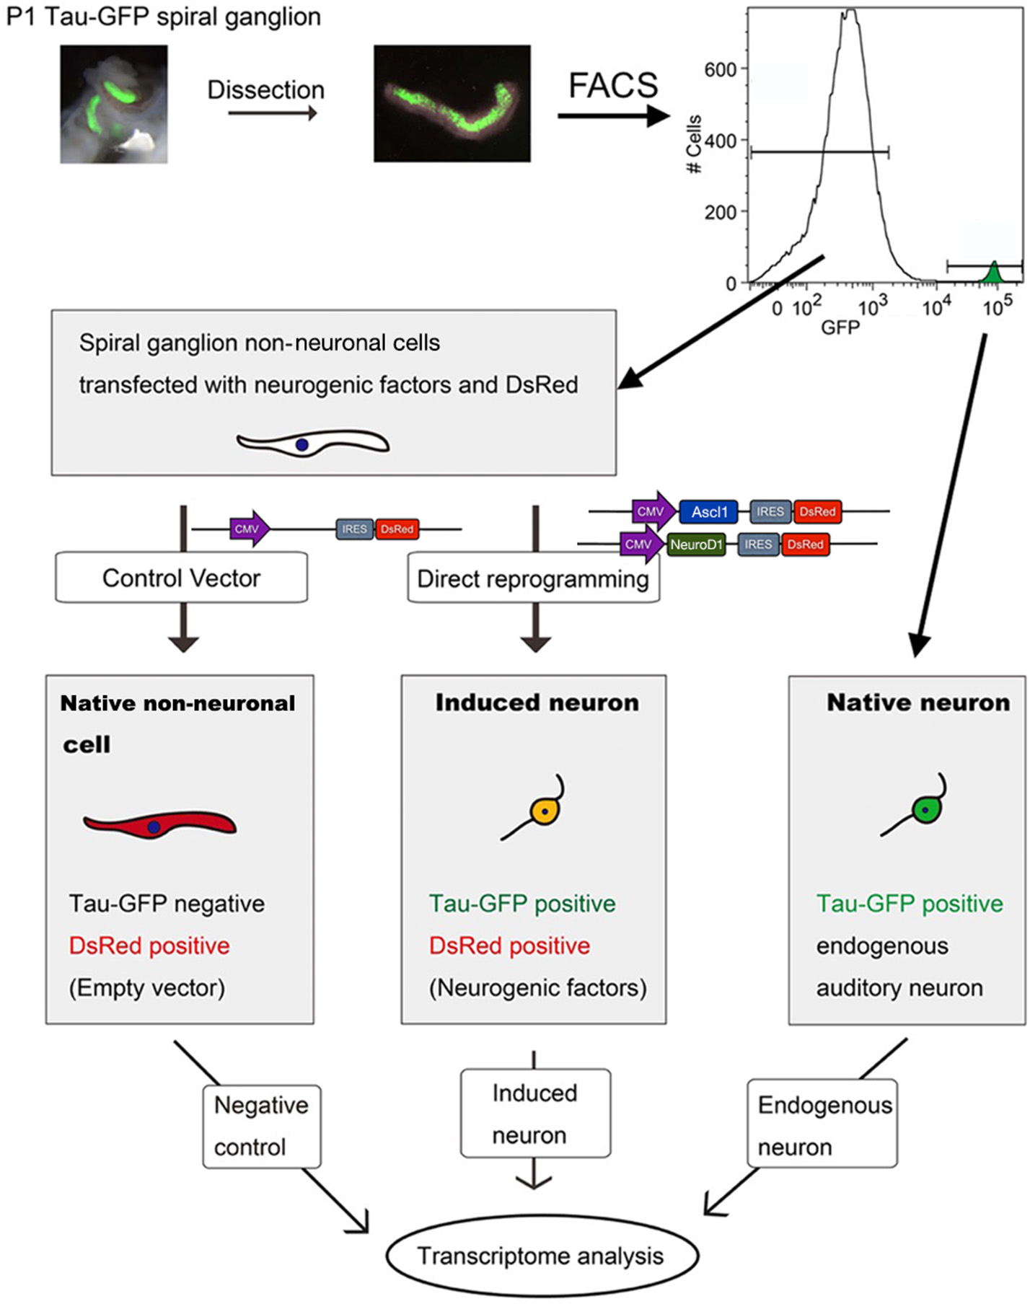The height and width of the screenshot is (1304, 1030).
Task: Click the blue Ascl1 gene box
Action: click(709, 512)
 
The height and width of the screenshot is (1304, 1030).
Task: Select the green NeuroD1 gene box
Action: click(696, 545)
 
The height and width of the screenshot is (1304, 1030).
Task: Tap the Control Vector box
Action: click(181, 578)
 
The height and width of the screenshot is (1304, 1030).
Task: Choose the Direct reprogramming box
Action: click(533, 578)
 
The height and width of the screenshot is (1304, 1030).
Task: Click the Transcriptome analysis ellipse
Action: click(542, 1256)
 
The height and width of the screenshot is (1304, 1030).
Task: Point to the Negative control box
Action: click(261, 1126)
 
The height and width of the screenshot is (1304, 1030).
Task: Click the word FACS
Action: click(613, 86)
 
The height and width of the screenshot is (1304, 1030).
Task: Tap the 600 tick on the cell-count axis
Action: click(720, 70)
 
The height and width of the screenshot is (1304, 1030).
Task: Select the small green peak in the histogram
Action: click(994, 274)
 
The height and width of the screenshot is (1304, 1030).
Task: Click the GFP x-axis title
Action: click(840, 328)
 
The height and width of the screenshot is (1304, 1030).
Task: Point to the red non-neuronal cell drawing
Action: click(159, 824)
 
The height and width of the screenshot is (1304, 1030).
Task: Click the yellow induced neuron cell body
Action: click(545, 811)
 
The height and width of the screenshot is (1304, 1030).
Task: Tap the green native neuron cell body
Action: click(925, 810)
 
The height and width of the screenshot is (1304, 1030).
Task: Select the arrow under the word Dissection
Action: click(272, 113)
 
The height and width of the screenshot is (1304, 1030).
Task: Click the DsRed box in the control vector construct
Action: click(397, 529)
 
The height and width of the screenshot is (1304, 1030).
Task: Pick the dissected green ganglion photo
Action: click(452, 103)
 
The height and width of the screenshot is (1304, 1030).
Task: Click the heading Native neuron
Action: click(917, 702)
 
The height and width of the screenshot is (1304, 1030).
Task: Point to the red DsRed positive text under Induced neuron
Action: click(509, 946)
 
